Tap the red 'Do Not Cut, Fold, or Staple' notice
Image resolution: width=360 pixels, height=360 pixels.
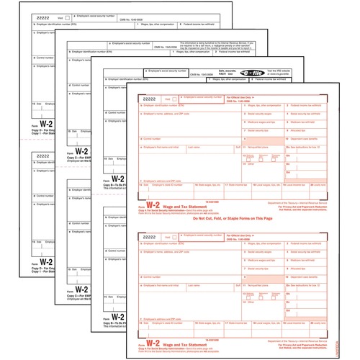238,200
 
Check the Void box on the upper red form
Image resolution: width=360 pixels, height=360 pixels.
168,98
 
